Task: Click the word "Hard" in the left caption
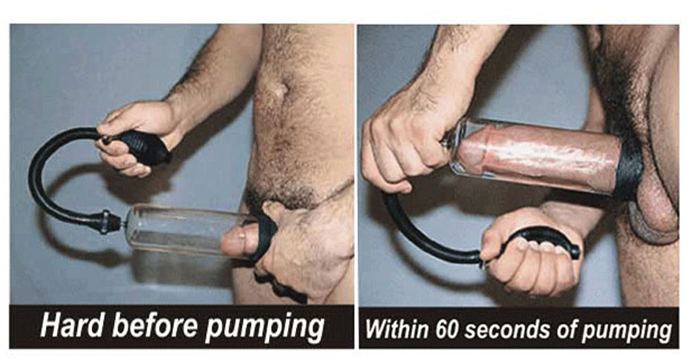coord(72,325)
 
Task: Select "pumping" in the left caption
coord(265,329)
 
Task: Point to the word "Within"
coord(397,329)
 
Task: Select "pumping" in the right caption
coord(626,331)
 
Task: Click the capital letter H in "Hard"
coord(50,326)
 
